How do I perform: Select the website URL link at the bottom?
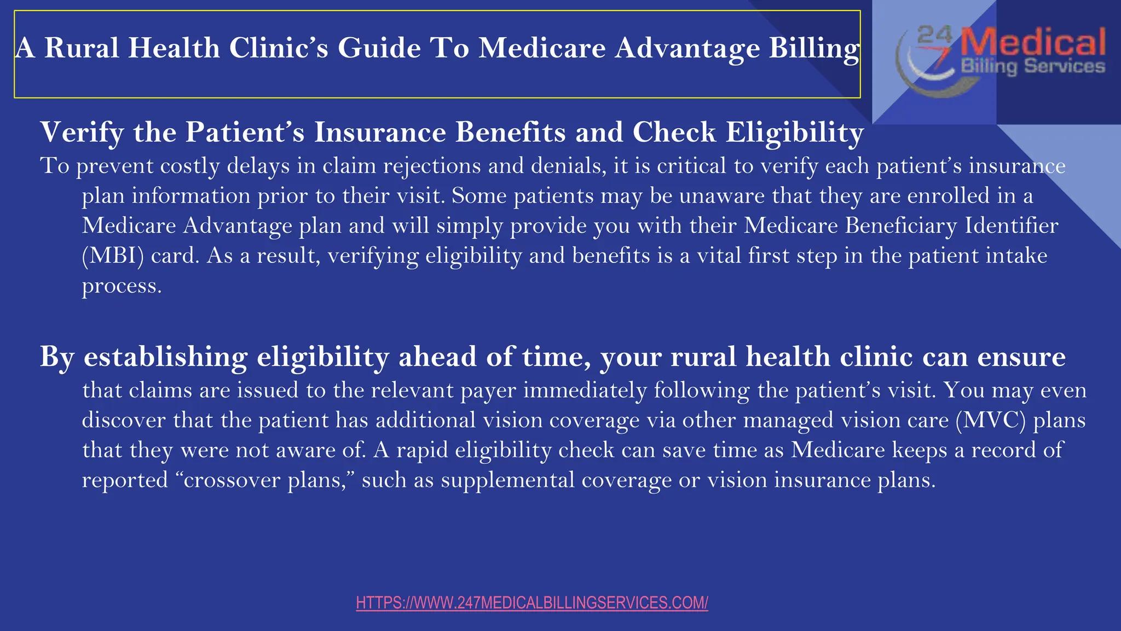coord(531,603)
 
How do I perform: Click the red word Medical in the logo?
coord(1033,43)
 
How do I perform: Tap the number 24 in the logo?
coord(934,35)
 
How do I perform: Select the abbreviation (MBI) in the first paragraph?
coord(112,256)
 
